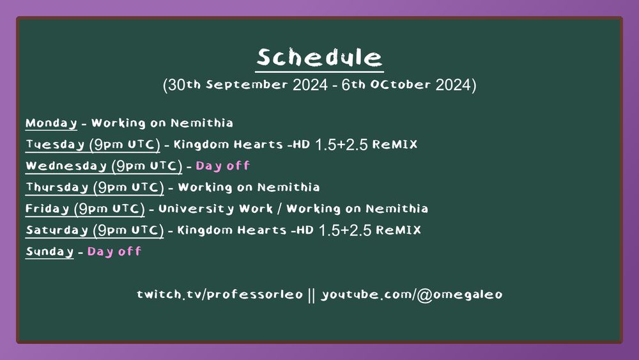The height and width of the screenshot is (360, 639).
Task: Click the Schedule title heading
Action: (319, 58)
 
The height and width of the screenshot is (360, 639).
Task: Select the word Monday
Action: (51, 123)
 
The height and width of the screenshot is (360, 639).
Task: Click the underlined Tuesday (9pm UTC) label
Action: (93, 145)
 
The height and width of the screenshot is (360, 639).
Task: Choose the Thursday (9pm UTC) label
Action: (95, 187)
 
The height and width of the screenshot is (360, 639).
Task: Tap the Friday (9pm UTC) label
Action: (85, 208)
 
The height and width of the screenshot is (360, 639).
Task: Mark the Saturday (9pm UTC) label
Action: (95, 230)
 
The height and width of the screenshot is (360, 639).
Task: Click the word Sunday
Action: (49, 251)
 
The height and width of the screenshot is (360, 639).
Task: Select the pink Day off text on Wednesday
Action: (222, 166)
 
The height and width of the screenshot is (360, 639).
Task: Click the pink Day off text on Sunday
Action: (114, 251)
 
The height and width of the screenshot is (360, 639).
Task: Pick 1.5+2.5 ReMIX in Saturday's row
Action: (370, 230)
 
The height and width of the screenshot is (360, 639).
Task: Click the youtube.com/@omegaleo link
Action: (412, 295)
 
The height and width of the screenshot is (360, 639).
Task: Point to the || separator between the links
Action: (312, 295)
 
